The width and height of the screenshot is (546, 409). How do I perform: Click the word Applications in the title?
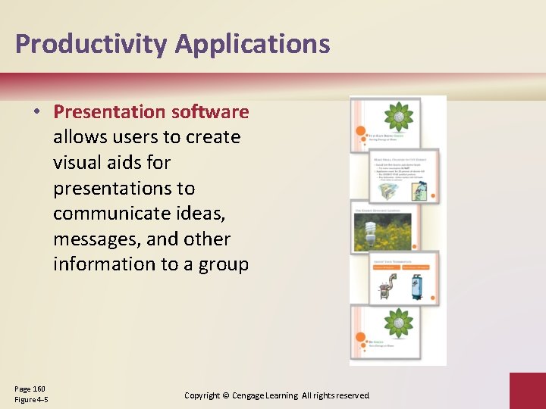[x=253, y=44]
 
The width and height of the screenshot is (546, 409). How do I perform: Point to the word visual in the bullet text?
[x=77, y=163]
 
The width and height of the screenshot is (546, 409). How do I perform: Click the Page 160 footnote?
[x=30, y=389]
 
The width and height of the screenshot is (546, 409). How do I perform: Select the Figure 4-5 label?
[x=31, y=399]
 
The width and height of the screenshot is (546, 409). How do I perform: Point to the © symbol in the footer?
[x=226, y=395]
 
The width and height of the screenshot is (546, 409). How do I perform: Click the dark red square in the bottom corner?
[x=527, y=390]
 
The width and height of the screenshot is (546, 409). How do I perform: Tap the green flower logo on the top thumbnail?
[x=398, y=117]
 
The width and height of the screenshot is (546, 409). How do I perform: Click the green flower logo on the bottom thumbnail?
[x=398, y=323]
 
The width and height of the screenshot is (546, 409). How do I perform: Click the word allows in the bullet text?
[x=77, y=137]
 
